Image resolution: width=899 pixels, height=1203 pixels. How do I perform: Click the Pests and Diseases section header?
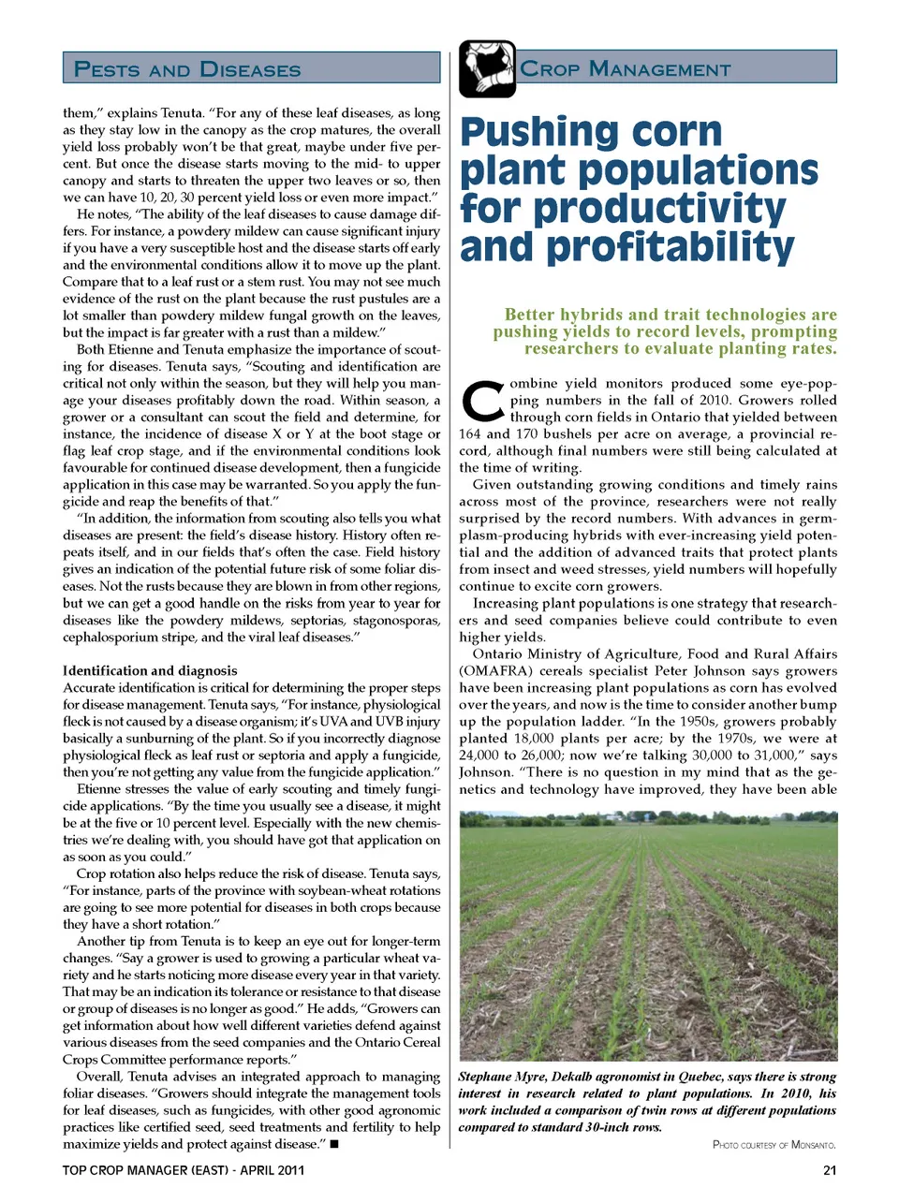[x=187, y=69]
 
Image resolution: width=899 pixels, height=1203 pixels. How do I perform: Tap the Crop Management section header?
[x=626, y=69]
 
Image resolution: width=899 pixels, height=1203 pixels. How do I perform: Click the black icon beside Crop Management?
[x=487, y=68]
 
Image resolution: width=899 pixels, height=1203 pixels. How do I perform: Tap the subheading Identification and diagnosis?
[x=150, y=670]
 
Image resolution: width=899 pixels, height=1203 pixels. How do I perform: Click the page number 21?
[x=829, y=1170]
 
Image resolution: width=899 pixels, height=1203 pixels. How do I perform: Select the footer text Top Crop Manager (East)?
[x=146, y=1170]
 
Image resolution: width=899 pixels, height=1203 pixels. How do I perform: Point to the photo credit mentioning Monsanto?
[x=774, y=1144]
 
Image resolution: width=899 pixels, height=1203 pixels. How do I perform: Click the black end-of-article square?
[x=334, y=1144]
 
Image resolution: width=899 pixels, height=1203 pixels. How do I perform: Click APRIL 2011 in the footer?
[x=273, y=1170]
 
